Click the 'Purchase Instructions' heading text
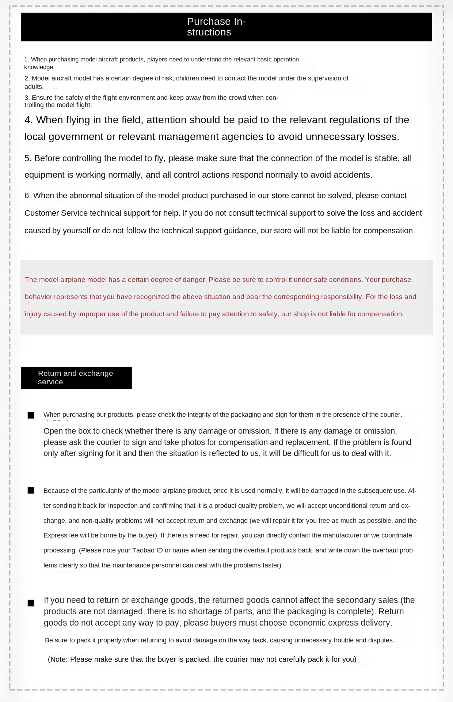216,27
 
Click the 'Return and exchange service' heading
75,377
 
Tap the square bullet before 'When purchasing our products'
31,415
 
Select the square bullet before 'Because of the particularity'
31,491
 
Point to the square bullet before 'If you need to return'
31,603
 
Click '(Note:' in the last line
58,659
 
